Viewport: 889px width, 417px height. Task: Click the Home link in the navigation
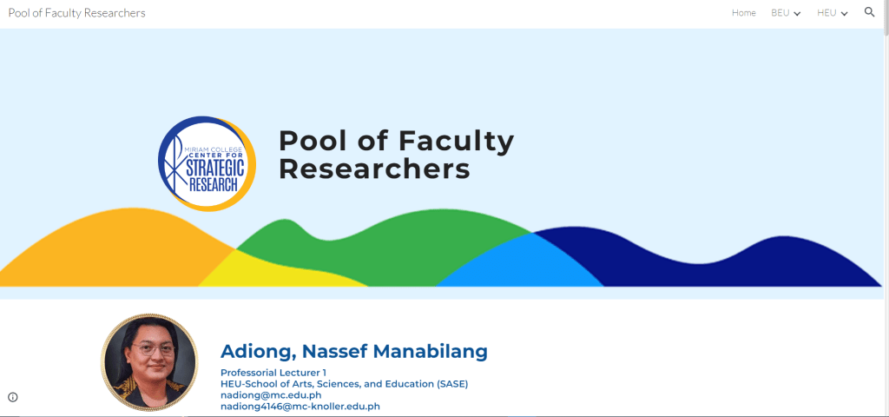(x=743, y=13)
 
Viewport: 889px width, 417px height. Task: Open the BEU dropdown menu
(x=785, y=13)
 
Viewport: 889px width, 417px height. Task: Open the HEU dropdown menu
(x=832, y=13)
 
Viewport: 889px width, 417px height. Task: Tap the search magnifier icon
(x=869, y=12)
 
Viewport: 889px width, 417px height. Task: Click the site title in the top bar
(x=76, y=13)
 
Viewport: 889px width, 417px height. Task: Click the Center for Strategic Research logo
(x=207, y=163)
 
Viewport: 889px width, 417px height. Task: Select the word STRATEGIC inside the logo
(x=215, y=169)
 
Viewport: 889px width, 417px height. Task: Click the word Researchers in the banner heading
(x=374, y=169)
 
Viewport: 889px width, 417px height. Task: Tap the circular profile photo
(x=149, y=362)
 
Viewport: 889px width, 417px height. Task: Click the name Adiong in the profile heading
(x=257, y=352)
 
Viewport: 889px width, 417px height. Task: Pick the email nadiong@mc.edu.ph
(x=271, y=395)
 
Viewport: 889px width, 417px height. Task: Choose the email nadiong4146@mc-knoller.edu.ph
(x=300, y=407)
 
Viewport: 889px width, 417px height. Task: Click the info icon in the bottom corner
(x=12, y=397)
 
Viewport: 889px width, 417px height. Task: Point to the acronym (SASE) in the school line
(x=452, y=384)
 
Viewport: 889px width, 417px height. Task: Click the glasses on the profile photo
(x=153, y=349)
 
